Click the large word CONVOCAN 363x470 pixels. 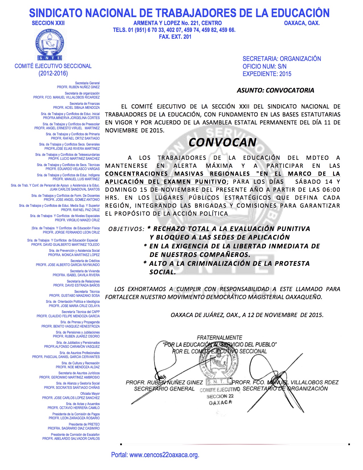click(222, 142)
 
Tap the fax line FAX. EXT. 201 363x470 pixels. click(175, 37)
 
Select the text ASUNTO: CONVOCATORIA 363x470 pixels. click(275, 90)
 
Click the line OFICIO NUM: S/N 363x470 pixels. click(264, 66)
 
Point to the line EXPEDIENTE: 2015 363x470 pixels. click(267, 74)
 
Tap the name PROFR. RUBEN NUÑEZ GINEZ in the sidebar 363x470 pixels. click(78, 87)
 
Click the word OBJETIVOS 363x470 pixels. click(126, 229)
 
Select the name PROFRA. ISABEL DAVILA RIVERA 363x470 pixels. click(76, 275)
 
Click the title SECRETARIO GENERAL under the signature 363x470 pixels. click(164, 389)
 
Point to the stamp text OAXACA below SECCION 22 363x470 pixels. click(220, 402)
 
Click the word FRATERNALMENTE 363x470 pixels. click(220, 338)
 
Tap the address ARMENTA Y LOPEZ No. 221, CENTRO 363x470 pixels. click(177, 23)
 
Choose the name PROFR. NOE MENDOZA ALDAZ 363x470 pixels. click(78, 367)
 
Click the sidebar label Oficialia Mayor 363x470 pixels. click(90, 394)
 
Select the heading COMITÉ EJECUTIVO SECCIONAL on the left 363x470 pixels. click(53, 66)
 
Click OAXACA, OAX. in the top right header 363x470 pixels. click(302, 23)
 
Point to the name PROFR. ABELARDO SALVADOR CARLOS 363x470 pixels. click(71, 439)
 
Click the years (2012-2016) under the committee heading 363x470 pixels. click(53, 73)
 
